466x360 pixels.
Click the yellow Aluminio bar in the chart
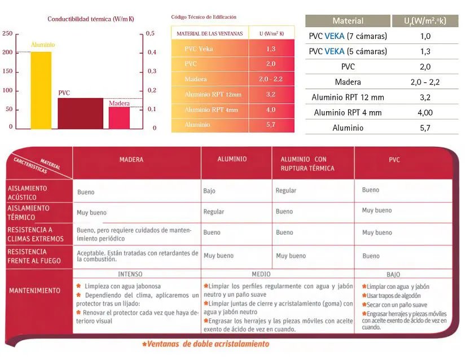[x=41, y=90]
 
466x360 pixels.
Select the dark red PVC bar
[x=80, y=113]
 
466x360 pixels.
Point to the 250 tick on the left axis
[x=7, y=34]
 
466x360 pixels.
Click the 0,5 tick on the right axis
[x=151, y=34]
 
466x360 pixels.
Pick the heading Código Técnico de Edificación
[x=204, y=17]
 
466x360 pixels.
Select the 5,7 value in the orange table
[x=271, y=125]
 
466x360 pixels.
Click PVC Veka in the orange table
[x=199, y=49]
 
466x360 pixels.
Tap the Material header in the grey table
[x=348, y=21]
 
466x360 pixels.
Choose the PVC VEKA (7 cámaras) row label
[x=348, y=37]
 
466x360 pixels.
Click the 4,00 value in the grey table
[x=425, y=113]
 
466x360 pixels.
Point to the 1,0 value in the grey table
[x=425, y=37]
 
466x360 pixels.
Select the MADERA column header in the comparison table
[x=131, y=160]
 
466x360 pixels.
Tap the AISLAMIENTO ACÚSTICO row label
[x=28, y=192]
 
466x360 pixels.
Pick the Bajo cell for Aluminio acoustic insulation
[x=209, y=191]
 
